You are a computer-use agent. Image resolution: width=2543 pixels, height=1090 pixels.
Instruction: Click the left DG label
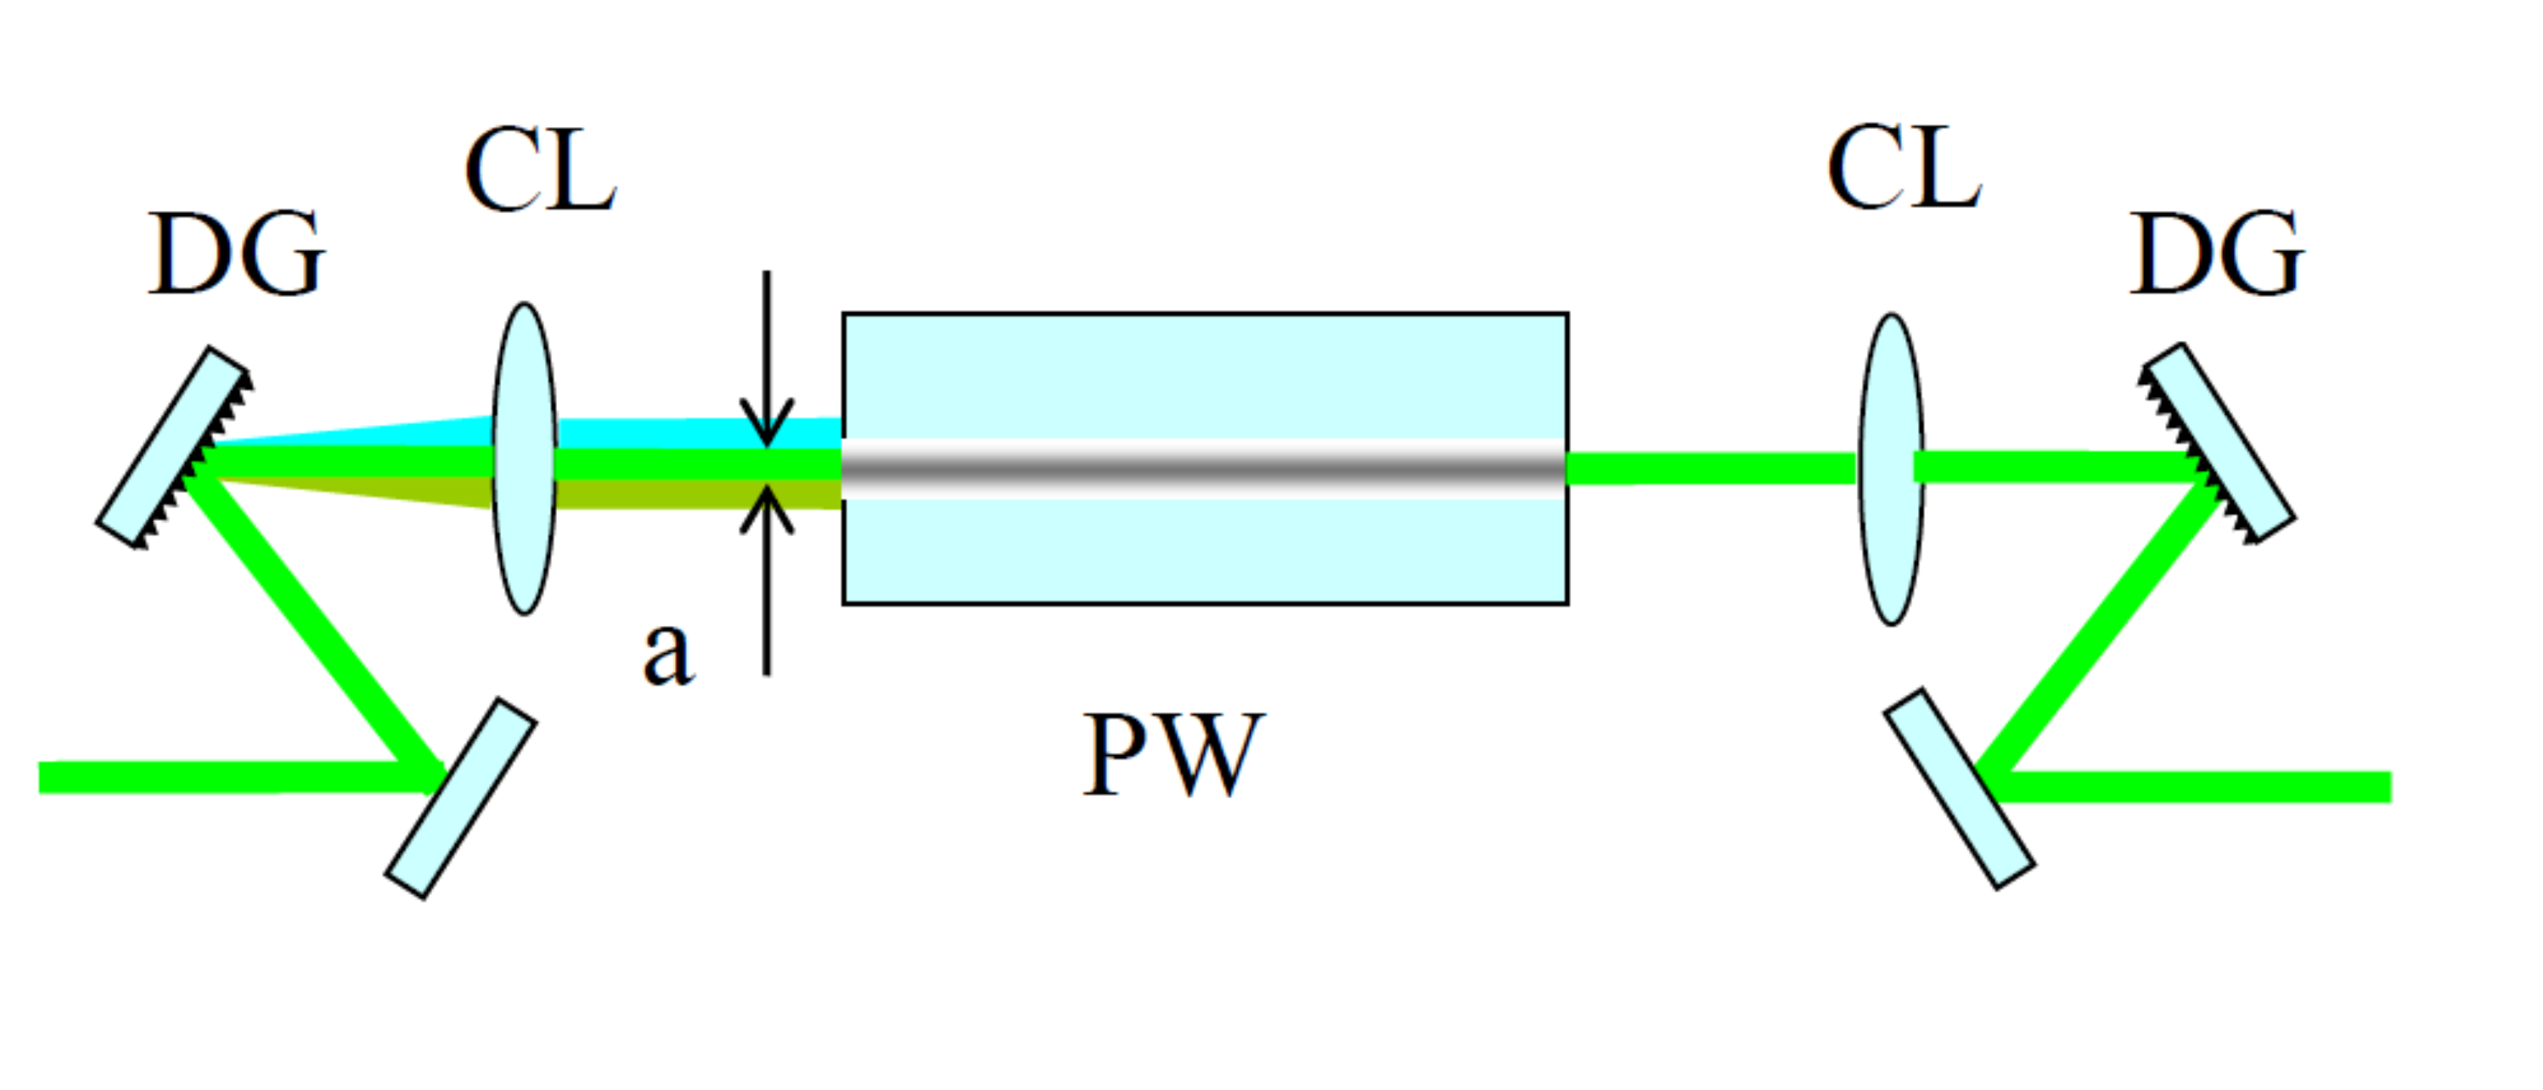(x=237, y=255)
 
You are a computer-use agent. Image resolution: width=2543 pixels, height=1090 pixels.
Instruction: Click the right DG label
(x=2217, y=255)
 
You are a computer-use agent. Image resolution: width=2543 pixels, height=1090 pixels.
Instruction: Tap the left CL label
(x=540, y=171)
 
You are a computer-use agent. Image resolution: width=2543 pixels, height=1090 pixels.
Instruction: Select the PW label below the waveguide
(x=1173, y=755)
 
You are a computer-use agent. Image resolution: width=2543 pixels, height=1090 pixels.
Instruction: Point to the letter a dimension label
(x=668, y=654)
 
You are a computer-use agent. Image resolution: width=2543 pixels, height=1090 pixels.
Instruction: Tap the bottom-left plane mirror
(x=461, y=799)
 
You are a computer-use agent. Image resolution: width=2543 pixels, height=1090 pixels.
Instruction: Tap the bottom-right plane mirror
(x=1959, y=790)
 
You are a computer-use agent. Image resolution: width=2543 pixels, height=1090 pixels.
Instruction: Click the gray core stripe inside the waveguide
(x=1205, y=469)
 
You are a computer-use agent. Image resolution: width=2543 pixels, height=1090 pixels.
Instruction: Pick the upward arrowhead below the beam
(x=767, y=512)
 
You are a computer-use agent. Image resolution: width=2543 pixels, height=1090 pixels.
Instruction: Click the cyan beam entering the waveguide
(x=691, y=432)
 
